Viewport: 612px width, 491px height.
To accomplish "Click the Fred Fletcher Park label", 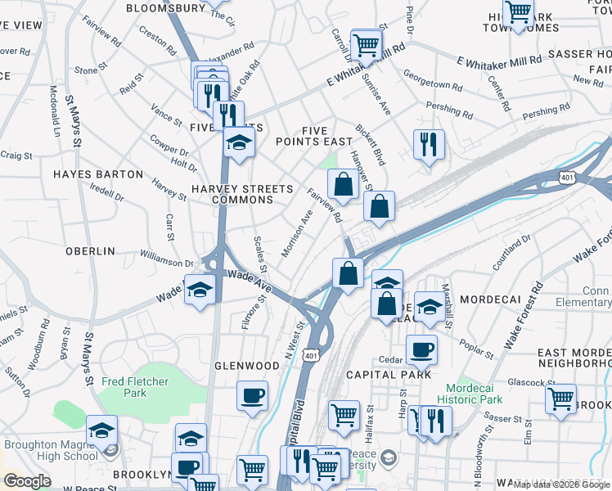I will pyautogui.click(x=135, y=387).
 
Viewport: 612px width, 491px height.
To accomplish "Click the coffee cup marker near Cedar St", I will pyautogui.click(x=421, y=349).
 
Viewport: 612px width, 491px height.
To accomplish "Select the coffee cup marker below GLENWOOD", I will pyautogui.click(x=252, y=396).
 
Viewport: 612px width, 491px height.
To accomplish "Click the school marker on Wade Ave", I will pyautogui.click(x=199, y=290).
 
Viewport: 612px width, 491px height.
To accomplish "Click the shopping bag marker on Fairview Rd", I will pyautogui.click(x=344, y=184).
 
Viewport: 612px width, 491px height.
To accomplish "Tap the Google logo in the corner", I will pyautogui.click(x=27, y=481).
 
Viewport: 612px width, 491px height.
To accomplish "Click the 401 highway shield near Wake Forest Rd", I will pyautogui.click(x=566, y=177).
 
